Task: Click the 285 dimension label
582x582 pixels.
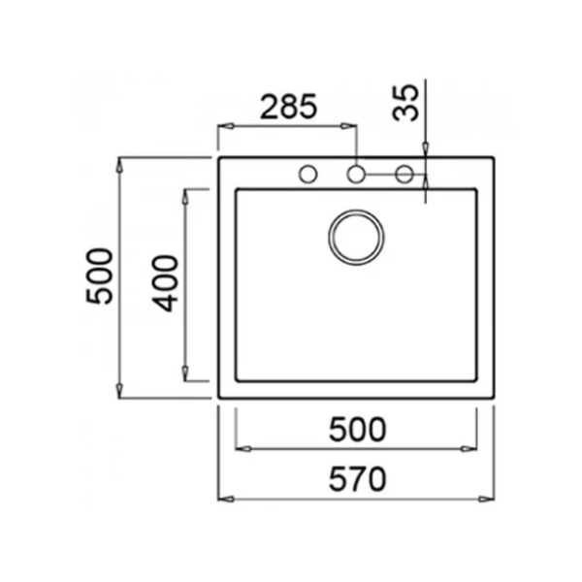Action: click(289, 107)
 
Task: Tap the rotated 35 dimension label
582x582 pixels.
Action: click(405, 103)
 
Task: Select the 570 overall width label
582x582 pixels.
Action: click(357, 479)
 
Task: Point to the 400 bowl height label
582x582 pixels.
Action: click(165, 283)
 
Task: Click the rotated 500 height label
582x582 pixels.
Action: click(99, 276)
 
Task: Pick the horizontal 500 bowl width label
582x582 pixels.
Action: click(357, 430)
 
